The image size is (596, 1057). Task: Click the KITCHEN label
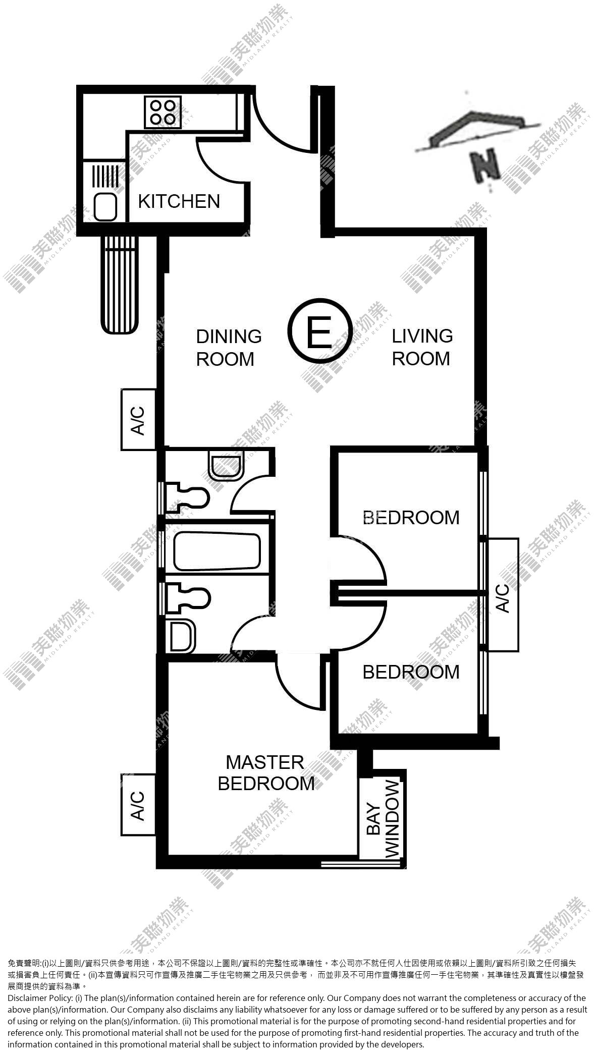pos(179,201)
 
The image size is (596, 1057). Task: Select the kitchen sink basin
pos(105,207)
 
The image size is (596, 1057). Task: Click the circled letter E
pos(319,331)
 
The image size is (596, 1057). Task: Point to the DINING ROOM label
pos(229,348)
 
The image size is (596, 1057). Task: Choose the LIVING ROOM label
pos(422,347)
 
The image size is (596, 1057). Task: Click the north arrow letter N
pos(483,166)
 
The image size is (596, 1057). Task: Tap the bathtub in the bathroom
pos(217,552)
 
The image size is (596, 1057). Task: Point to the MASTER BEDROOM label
pos(266,772)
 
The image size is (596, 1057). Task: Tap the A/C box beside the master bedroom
pos(138,806)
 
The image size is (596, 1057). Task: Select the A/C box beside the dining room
pos(138,420)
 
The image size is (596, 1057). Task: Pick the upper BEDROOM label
pos(411,518)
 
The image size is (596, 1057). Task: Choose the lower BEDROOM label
pos(411,672)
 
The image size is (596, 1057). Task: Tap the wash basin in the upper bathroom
pos(227,465)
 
